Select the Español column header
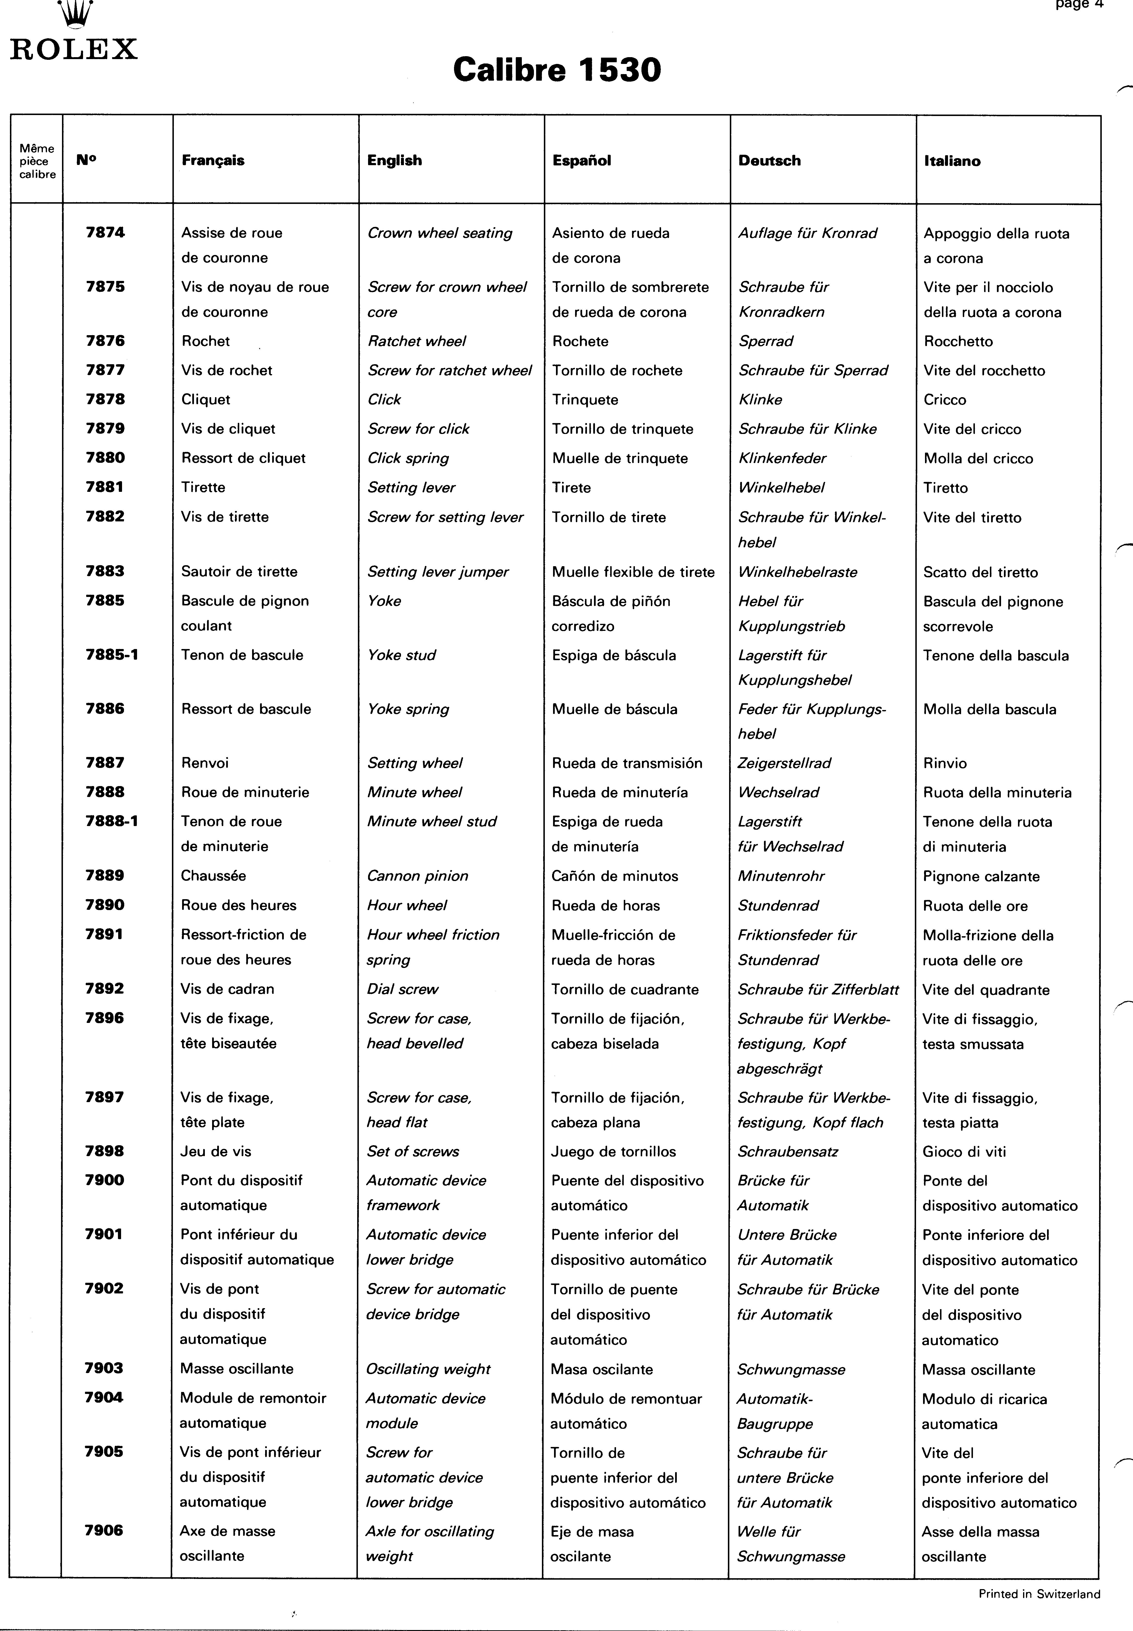pyautogui.click(x=581, y=160)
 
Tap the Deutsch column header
pyautogui.click(x=769, y=160)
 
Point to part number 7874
pyautogui.click(x=105, y=232)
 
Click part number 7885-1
pyautogui.click(x=111, y=654)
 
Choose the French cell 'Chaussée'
pyautogui.click(x=213, y=875)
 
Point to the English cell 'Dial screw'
pyautogui.click(x=402, y=989)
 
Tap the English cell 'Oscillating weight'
pyautogui.click(x=428, y=1369)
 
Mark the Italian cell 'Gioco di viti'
pyautogui.click(x=964, y=1151)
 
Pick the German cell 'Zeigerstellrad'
pyautogui.click(x=785, y=763)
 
